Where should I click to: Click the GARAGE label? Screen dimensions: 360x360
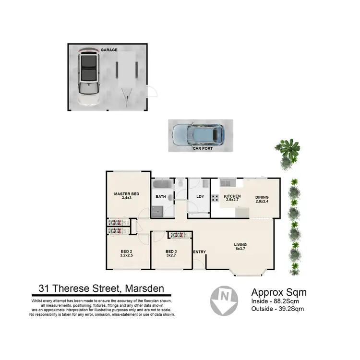109,50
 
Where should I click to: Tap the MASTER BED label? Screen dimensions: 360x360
126,194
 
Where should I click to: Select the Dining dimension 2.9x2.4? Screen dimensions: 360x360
262,202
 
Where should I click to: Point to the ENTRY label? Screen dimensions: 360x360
199,252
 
